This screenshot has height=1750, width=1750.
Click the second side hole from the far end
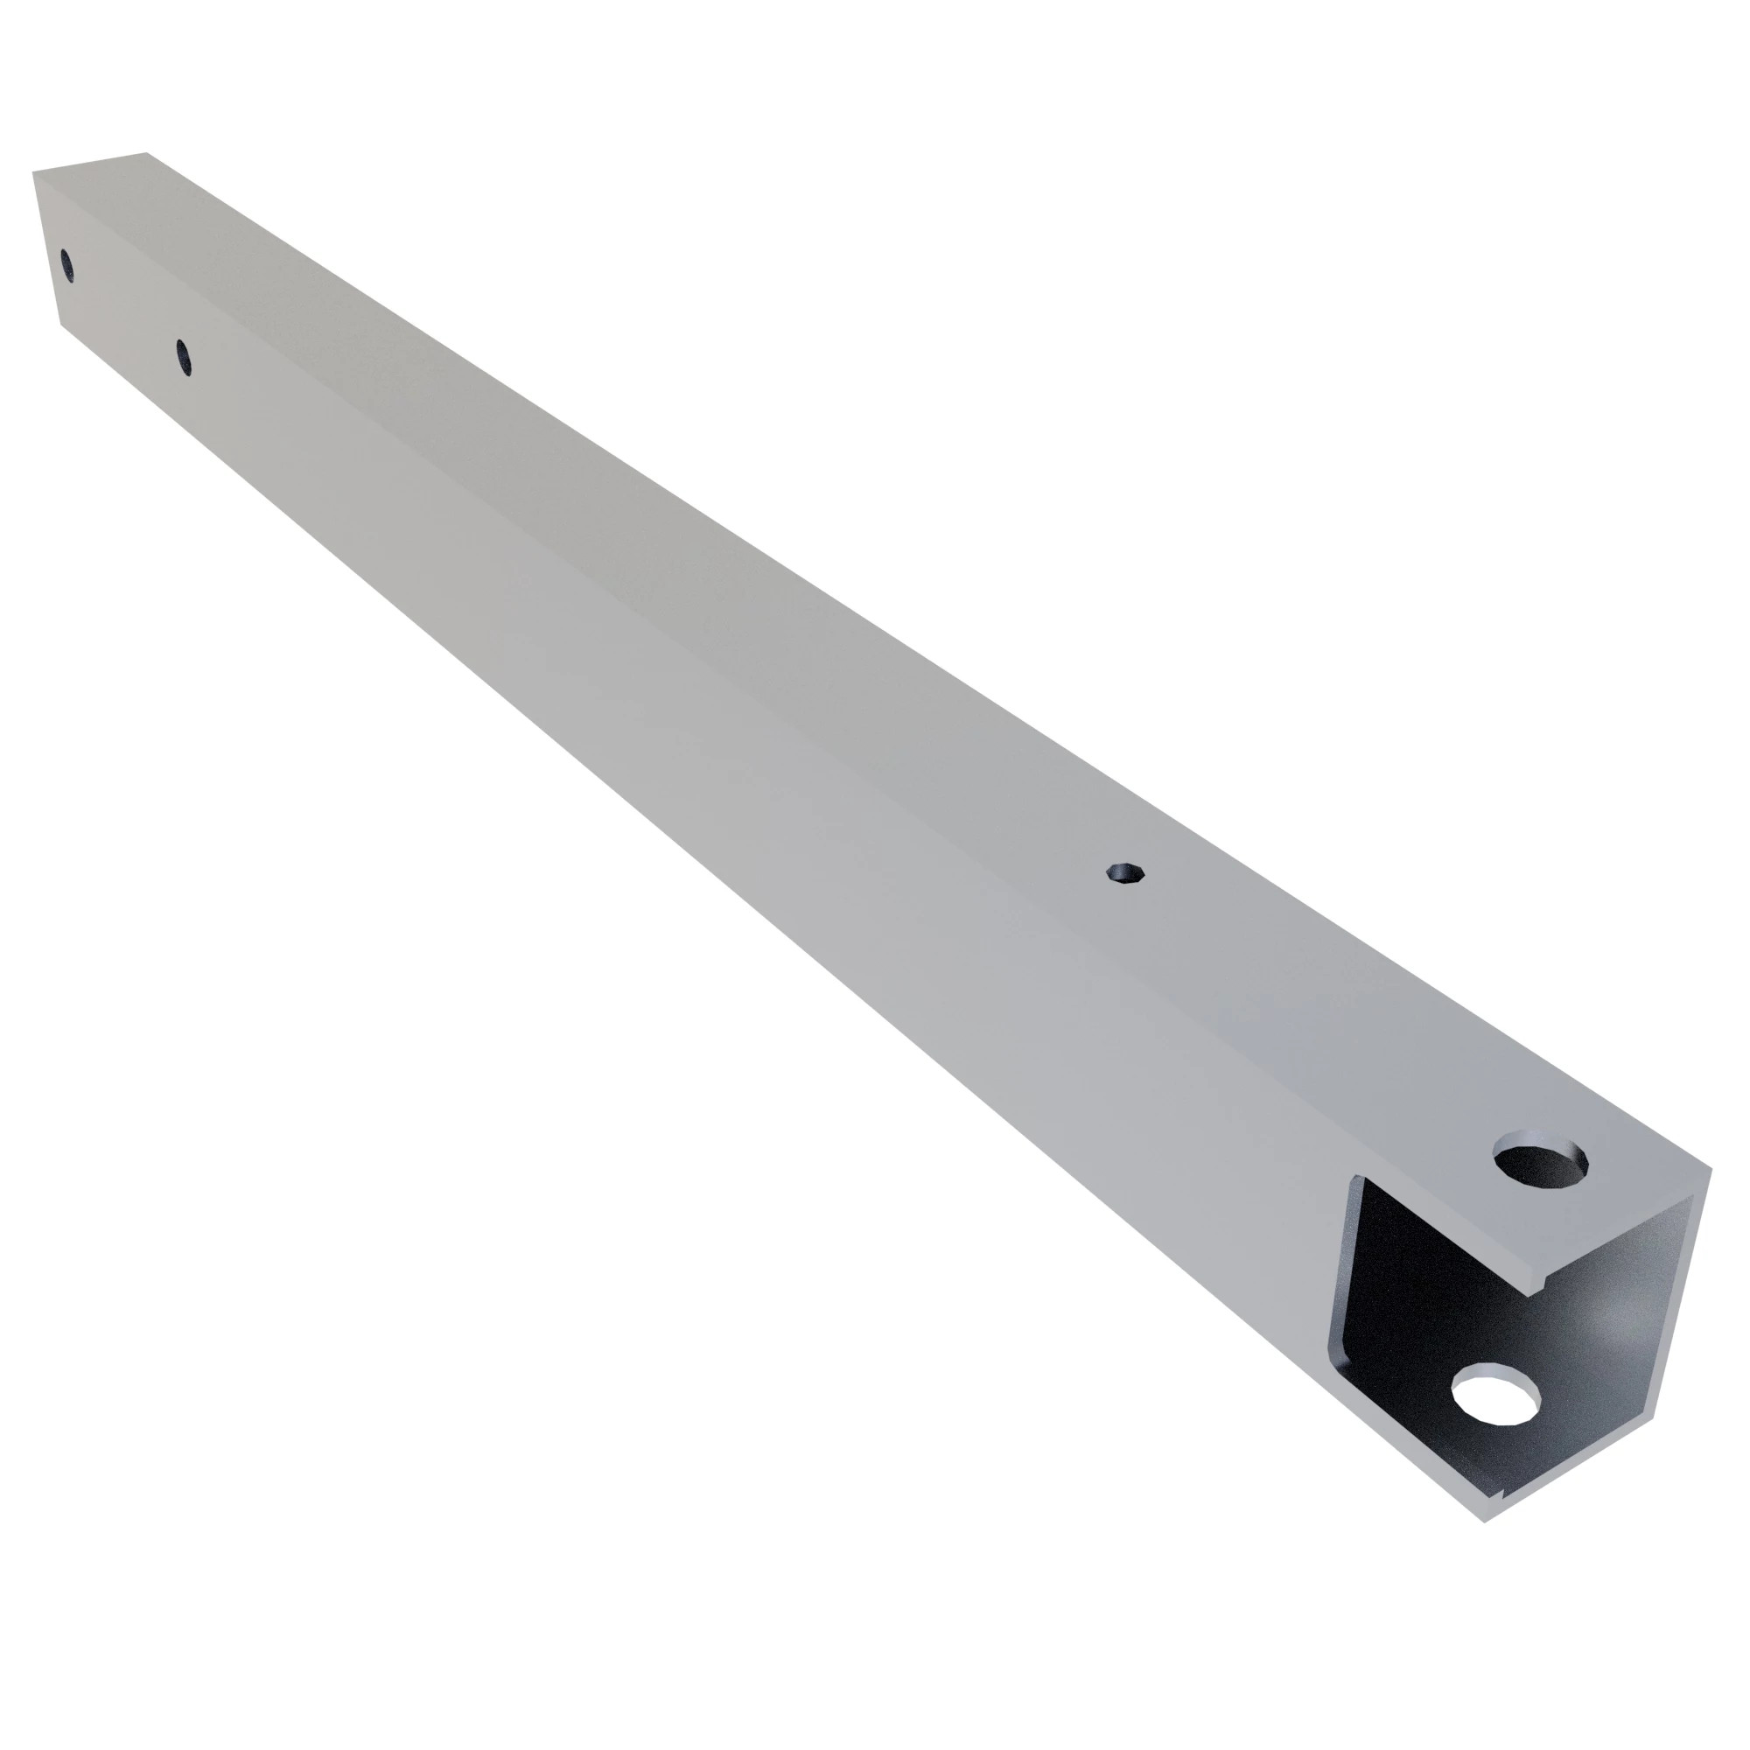point(183,356)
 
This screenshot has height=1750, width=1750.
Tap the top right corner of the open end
point(1711,1168)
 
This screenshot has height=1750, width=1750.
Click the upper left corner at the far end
point(33,172)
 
